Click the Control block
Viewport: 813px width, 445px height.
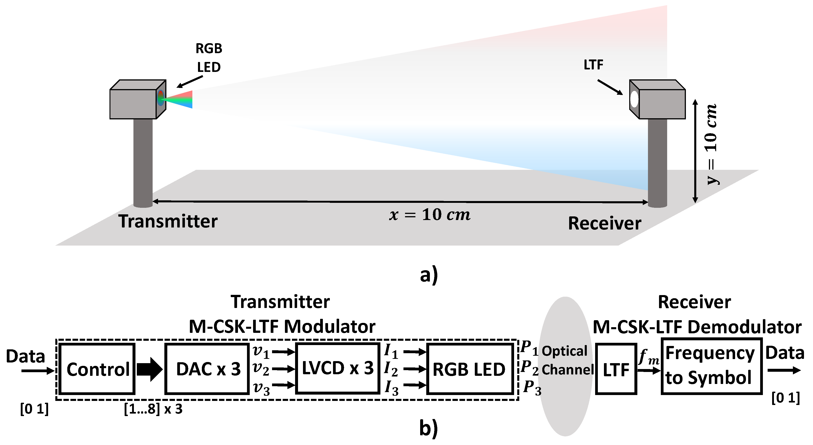pyautogui.click(x=97, y=369)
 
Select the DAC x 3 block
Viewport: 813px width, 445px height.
pyautogui.click(x=207, y=369)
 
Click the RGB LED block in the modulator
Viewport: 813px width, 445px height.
pyautogui.click(x=469, y=369)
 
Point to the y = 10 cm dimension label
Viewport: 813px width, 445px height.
pyautogui.click(x=711, y=144)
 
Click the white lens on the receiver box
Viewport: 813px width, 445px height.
pyautogui.click(x=634, y=99)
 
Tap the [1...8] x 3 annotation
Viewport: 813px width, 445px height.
pyautogui.click(x=153, y=409)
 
